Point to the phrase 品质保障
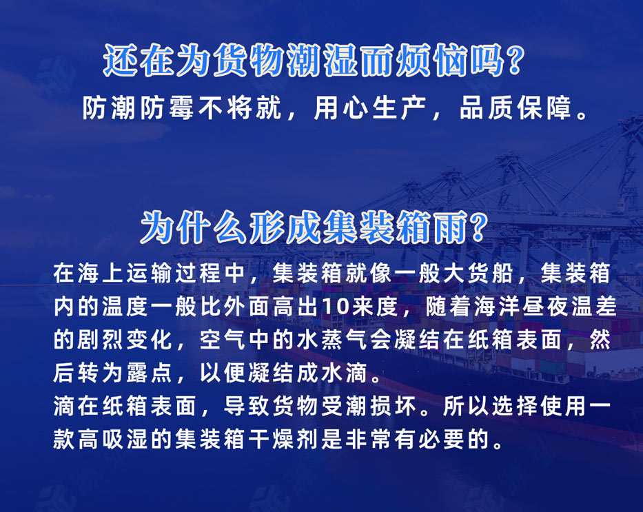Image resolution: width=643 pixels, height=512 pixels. click(x=519, y=109)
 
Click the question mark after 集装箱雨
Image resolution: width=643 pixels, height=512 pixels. click(x=489, y=227)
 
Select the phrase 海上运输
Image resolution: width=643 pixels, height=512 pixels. click(x=112, y=274)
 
